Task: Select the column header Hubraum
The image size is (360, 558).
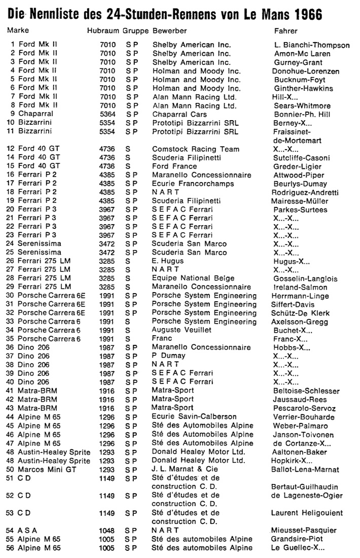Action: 103,31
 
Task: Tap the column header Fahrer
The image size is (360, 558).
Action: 286,31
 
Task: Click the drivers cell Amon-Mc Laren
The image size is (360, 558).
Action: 302,54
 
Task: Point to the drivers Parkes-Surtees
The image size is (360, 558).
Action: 300,210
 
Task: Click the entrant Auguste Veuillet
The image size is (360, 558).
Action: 181,330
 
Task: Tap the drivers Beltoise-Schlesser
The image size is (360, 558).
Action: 306,391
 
